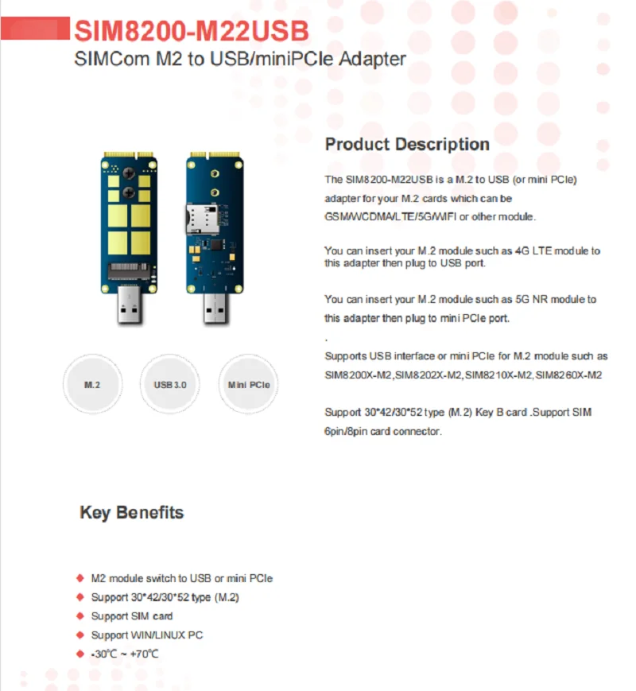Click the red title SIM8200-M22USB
(191, 29)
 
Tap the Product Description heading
(407, 144)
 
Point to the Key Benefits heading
(131, 512)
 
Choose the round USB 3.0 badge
(169, 384)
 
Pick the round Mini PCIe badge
(248, 384)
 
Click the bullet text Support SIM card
(131, 616)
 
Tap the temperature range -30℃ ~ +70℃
(125, 654)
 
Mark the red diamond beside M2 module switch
(79, 578)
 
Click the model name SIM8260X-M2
(568, 375)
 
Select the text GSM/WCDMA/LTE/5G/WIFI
(397, 216)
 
